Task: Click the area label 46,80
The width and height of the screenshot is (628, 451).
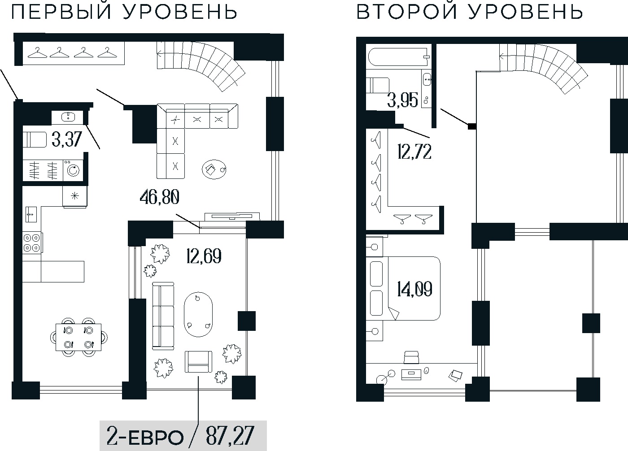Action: [160, 198]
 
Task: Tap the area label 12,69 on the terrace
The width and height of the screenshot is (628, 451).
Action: [203, 256]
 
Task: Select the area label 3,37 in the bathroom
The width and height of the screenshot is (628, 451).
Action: [67, 140]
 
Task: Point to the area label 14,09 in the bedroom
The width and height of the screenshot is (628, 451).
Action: [414, 289]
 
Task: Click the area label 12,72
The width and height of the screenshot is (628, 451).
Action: [414, 152]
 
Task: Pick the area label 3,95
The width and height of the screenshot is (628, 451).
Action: [402, 100]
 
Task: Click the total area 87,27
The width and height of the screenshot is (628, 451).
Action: [229, 435]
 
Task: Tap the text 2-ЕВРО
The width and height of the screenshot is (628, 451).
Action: [145, 435]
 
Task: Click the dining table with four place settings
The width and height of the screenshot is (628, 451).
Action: [78, 337]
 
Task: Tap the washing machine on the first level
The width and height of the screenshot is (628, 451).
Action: [72, 170]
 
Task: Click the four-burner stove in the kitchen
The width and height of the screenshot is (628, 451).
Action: [32, 242]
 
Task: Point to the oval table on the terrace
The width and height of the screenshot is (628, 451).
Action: [198, 315]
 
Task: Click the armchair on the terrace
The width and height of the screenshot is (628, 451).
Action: [198, 362]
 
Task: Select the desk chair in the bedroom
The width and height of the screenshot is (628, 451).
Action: [411, 357]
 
